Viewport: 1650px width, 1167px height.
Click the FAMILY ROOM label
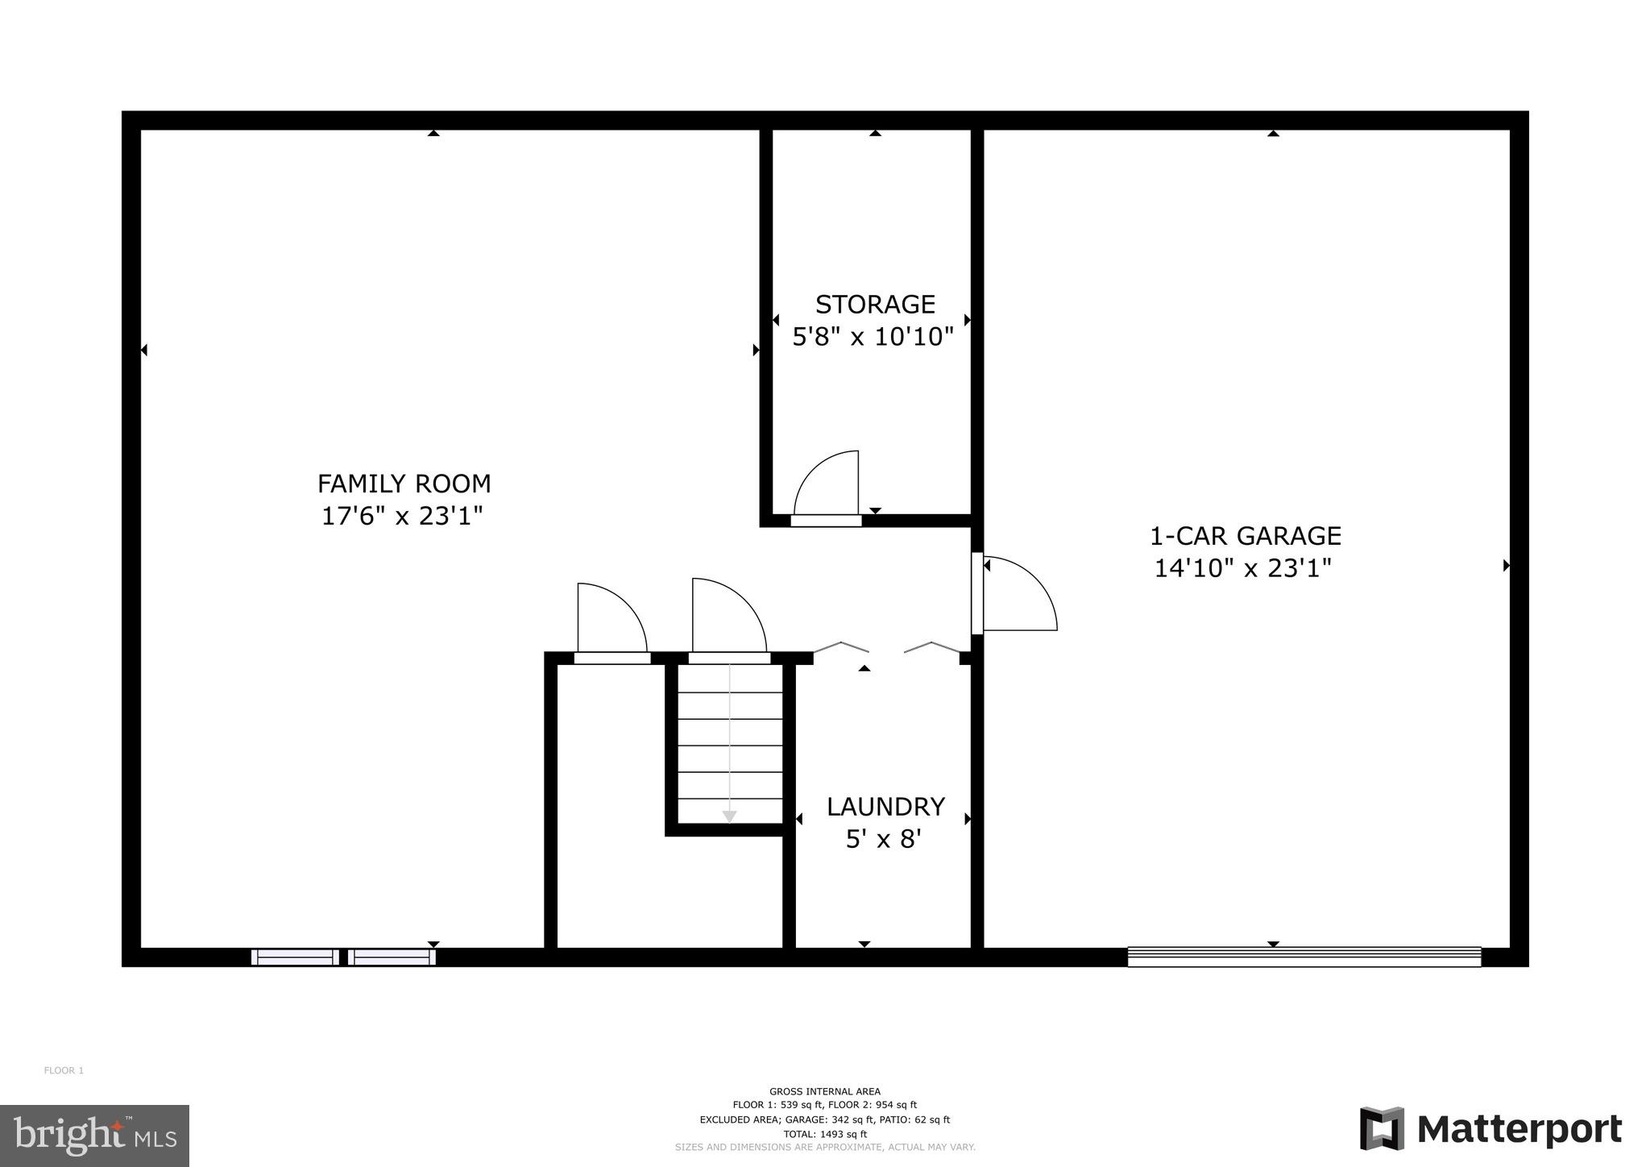click(404, 484)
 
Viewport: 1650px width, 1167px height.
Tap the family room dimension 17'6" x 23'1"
click(402, 516)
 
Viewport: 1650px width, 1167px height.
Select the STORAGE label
click(875, 304)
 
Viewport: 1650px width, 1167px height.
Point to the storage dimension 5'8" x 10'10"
click(873, 336)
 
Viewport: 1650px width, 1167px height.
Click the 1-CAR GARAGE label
click(1245, 536)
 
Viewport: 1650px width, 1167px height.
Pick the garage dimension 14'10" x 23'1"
click(1242, 568)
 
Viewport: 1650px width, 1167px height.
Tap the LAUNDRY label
click(885, 807)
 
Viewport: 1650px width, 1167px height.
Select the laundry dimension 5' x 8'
click(883, 840)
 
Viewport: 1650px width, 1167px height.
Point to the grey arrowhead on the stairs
click(729, 816)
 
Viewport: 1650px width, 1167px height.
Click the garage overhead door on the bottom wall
click(1304, 957)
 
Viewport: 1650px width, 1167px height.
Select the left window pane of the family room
click(295, 957)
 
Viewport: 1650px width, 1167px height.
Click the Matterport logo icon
click(1382, 1128)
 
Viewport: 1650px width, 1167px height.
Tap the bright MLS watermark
click(95, 1136)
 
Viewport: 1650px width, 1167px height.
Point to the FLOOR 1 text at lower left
click(64, 1070)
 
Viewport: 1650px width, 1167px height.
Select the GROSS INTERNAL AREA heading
click(825, 1091)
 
